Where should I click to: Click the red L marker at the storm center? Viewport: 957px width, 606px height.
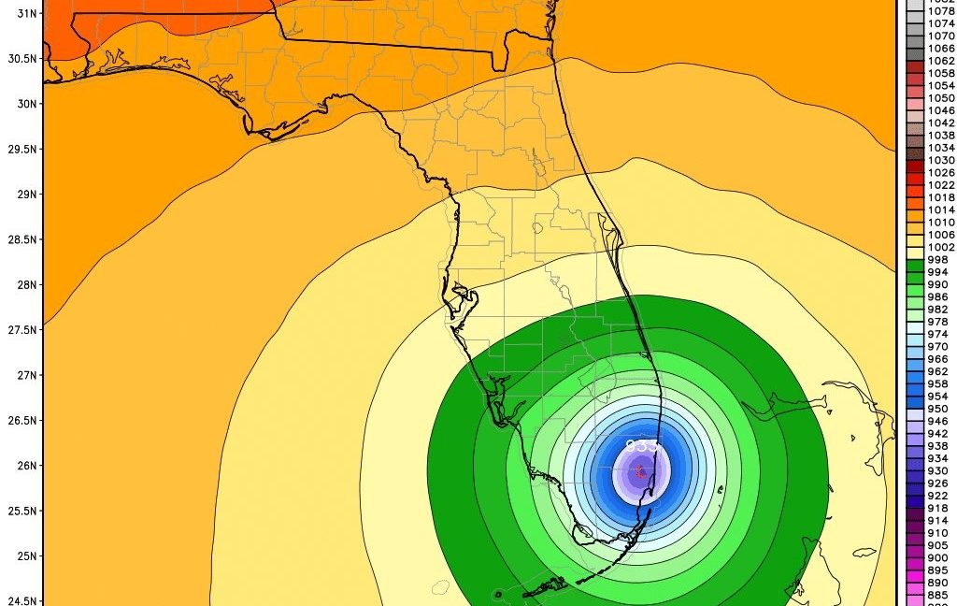(x=640, y=471)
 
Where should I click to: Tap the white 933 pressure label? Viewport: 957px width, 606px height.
(x=642, y=446)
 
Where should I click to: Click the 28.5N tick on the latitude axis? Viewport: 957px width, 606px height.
(x=21, y=239)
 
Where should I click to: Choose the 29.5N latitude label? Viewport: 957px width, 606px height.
(x=21, y=149)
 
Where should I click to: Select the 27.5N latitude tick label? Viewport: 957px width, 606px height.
(x=21, y=330)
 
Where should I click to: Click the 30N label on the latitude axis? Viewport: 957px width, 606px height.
(x=24, y=104)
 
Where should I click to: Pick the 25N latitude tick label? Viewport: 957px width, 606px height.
(x=24, y=556)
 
